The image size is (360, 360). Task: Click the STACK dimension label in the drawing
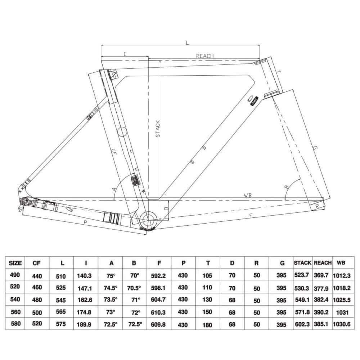pyautogui.click(x=157, y=129)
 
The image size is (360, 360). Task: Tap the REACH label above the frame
pyautogui.click(x=204, y=56)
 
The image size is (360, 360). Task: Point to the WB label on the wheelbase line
pyautogui.click(x=247, y=195)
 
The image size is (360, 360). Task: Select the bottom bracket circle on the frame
pyautogui.click(x=148, y=219)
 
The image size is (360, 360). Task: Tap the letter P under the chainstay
pyautogui.click(x=85, y=223)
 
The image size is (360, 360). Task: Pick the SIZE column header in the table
pyautogui.click(x=15, y=263)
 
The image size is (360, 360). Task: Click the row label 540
pyautogui.click(x=15, y=300)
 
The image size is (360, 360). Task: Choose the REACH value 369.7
pyautogui.click(x=322, y=275)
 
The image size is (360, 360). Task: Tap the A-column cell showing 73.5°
pyautogui.click(x=111, y=300)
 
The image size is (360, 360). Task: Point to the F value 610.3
pyautogui.click(x=159, y=312)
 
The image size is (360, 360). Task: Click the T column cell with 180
pyautogui.click(x=208, y=324)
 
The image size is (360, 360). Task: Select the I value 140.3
pyautogui.click(x=84, y=275)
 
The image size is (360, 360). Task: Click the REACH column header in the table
pyautogui.click(x=323, y=263)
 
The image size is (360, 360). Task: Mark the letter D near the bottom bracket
pyautogui.click(x=166, y=208)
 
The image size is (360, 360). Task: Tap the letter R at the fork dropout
pyautogui.click(x=317, y=206)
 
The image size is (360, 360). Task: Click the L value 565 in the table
pyautogui.click(x=62, y=312)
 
